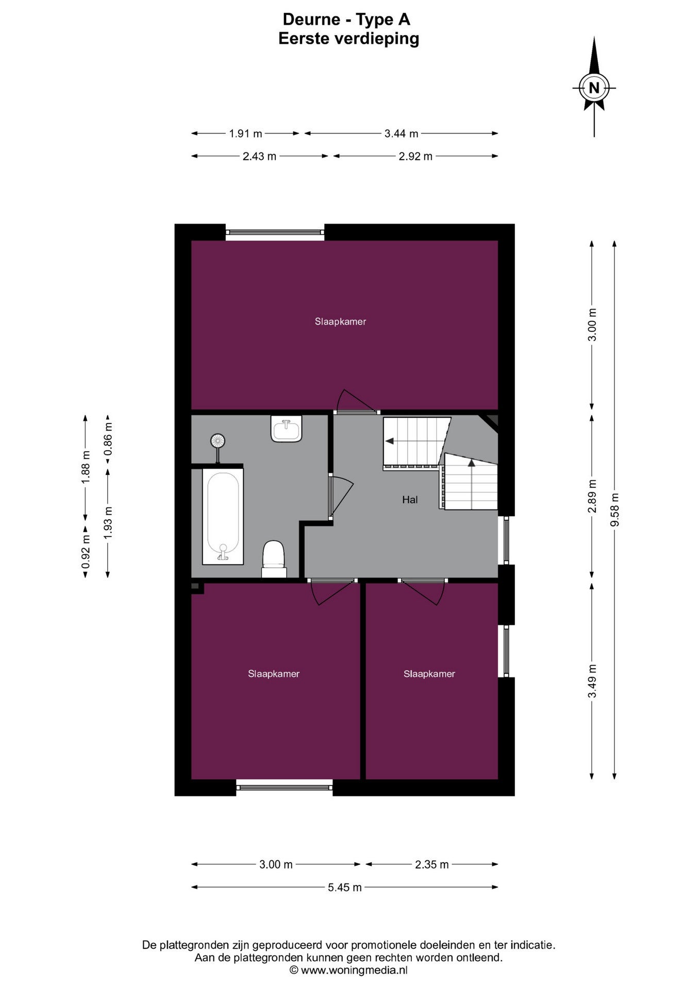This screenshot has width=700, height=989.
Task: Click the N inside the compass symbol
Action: point(594,88)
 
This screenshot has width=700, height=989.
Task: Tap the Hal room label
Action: point(410,500)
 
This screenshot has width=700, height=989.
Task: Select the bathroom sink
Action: point(287,429)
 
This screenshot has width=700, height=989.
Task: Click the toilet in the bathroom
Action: point(274,558)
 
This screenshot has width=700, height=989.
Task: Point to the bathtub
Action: point(223,516)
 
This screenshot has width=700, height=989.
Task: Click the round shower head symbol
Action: point(218,441)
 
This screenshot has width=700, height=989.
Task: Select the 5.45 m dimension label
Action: point(345,887)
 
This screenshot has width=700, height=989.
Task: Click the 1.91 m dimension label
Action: point(245,133)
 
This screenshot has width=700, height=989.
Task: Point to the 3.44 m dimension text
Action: point(401,133)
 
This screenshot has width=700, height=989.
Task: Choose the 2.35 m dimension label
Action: point(432,864)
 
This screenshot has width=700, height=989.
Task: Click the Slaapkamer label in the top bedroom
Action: point(340,321)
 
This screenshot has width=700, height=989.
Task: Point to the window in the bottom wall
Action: point(285,787)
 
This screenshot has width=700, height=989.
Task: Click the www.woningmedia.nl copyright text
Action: point(348,970)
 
